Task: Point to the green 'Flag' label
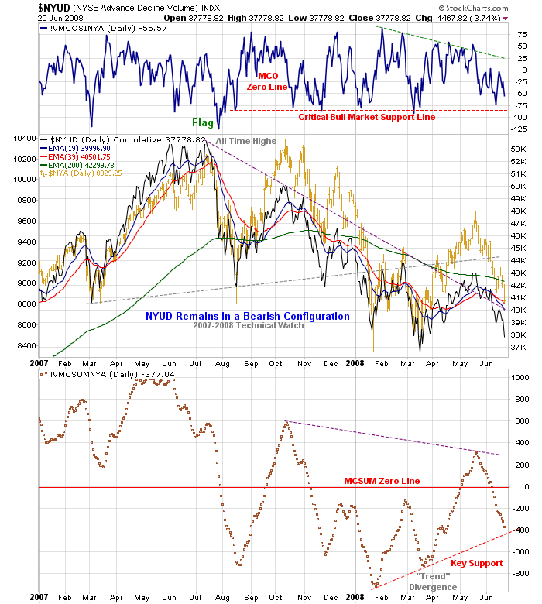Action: point(203,122)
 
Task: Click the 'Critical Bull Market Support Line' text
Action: point(367,117)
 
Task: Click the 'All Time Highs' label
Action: point(245,141)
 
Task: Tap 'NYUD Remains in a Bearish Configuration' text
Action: point(247,316)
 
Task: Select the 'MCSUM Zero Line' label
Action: point(382,481)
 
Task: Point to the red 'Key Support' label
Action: point(476,563)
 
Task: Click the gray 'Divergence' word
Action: point(436,587)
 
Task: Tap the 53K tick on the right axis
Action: point(517,149)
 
